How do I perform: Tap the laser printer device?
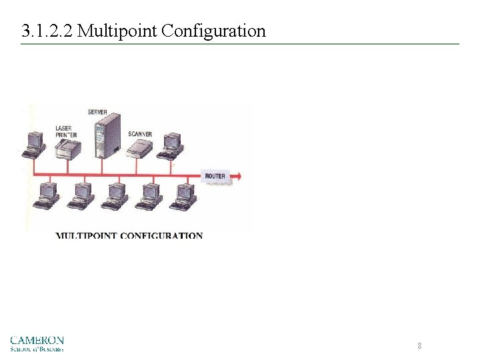[67, 151]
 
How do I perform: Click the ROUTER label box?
[215, 176]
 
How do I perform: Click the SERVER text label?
[97, 111]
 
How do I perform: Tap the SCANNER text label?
[139, 134]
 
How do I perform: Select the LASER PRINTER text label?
[66, 131]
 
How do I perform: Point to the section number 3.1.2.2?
[47, 31]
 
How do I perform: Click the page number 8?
[419, 345]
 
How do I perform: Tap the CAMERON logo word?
[37, 339]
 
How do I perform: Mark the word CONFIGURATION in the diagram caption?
[163, 235]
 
